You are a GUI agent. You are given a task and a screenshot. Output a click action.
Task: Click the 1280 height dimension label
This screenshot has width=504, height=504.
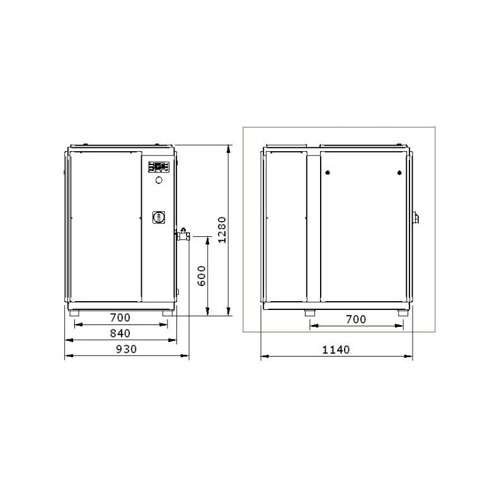[x=220, y=231]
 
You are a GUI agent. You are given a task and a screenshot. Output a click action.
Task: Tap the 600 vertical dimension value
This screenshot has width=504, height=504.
[x=202, y=275]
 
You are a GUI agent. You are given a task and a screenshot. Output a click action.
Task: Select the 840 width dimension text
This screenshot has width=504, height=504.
[x=120, y=333]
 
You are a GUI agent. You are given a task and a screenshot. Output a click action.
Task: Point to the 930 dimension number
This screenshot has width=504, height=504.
[x=127, y=349]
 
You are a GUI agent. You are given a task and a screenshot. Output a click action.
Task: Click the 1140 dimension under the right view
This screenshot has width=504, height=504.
[x=336, y=350]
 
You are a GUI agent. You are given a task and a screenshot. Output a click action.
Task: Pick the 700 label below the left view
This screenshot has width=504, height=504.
[x=120, y=318]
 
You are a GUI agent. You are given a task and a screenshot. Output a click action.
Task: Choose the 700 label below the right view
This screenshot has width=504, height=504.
[x=356, y=319]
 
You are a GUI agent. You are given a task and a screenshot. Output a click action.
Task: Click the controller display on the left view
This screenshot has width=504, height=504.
[x=159, y=167]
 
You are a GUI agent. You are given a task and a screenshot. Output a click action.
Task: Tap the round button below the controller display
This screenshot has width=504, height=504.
[x=159, y=181]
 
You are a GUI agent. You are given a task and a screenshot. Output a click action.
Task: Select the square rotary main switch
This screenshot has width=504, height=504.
[x=159, y=217]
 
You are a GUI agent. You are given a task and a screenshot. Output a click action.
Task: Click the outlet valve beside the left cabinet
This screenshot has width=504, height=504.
[x=184, y=236]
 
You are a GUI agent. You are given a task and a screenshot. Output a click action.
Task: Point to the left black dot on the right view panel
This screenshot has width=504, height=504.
[x=328, y=172]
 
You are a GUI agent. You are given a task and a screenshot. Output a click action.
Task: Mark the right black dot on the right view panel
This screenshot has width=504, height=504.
[x=399, y=172]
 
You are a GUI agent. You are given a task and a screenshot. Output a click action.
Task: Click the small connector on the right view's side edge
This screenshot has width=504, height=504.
[x=415, y=218]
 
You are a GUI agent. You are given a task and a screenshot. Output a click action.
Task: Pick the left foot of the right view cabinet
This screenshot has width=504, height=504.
[x=309, y=313]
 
